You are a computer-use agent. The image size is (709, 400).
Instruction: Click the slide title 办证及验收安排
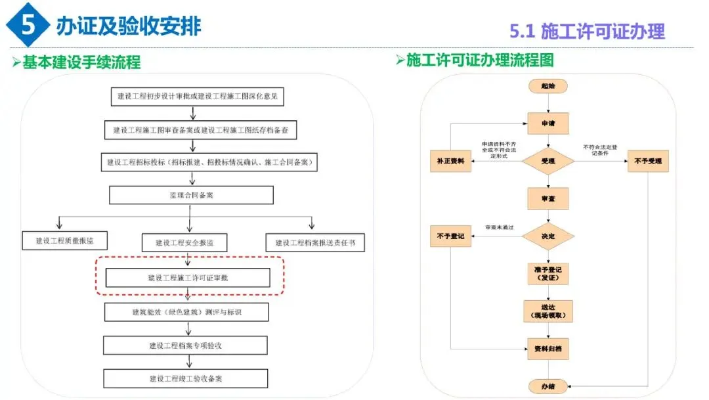129,26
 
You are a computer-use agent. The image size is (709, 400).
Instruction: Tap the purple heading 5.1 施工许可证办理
587,31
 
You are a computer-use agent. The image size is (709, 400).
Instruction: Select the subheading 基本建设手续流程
81,62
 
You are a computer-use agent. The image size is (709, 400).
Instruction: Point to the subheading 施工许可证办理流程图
479,60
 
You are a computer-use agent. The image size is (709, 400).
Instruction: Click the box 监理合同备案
191,195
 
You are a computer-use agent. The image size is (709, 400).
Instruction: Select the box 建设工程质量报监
64,241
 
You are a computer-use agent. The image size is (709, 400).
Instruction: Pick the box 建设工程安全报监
185,242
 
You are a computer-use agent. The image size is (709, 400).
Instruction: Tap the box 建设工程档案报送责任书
315,242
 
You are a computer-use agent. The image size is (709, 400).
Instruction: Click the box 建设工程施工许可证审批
188,278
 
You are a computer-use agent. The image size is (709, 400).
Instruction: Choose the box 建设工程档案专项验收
186,345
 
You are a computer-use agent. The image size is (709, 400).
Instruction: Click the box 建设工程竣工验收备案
186,378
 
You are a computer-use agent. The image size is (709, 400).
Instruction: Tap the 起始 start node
548,86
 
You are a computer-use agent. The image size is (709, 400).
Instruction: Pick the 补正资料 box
450,161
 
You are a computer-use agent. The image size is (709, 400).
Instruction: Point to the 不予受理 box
648,161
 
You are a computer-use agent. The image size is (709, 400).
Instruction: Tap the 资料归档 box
548,349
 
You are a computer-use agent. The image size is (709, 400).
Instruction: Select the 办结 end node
548,386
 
